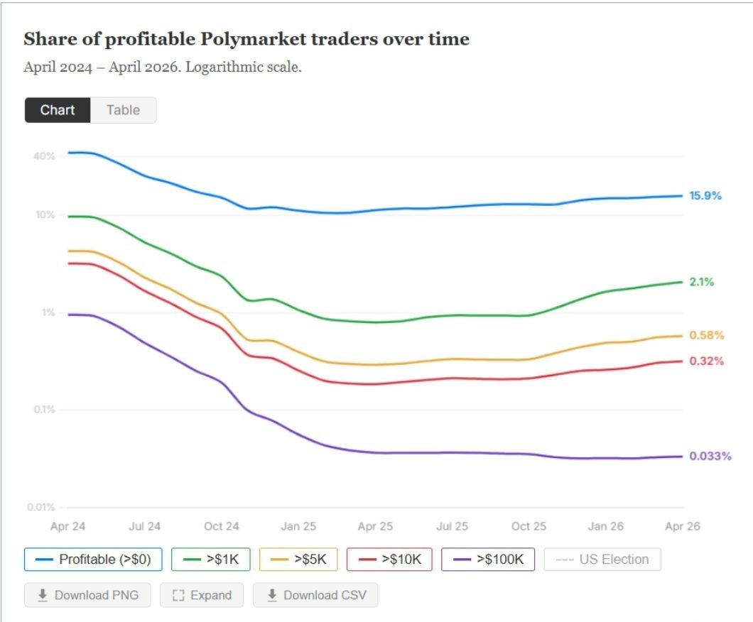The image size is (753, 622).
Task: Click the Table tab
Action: coord(123,110)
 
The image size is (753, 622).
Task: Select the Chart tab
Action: coord(58,110)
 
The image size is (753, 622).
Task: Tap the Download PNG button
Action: coord(87,595)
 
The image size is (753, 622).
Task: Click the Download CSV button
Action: coord(315,595)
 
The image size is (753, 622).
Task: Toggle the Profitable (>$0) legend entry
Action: coord(93,560)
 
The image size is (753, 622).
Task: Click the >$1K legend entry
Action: coord(211,560)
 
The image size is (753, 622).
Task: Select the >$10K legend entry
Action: coord(390,560)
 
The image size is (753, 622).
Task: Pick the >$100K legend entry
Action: coord(487,560)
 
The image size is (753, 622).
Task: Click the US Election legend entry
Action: coord(602,560)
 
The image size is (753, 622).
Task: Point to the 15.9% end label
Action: coord(705,195)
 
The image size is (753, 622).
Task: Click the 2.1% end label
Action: coord(701,282)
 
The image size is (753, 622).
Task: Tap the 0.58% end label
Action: coord(706,335)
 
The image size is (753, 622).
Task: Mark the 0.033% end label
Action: coord(710,456)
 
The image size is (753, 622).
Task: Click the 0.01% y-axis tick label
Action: coord(41,507)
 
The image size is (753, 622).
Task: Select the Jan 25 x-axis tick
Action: coord(298,526)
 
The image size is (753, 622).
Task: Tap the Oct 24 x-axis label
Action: coord(222,526)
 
